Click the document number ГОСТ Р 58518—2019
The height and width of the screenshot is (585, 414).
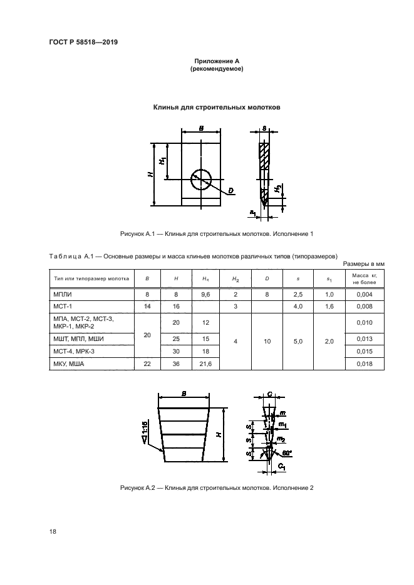tap(83, 42)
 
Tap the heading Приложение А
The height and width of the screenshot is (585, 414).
tap(217, 61)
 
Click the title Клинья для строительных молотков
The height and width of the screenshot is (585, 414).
tap(217, 108)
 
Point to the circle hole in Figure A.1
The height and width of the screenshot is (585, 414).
tap(201, 180)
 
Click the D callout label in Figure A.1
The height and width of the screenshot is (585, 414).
tap(230, 191)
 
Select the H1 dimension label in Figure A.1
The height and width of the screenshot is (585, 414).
tap(162, 161)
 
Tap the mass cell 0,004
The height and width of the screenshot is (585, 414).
tap(365, 294)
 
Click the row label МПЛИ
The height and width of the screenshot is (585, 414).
tap(63, 294)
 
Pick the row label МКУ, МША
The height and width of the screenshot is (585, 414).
tap(69, 364)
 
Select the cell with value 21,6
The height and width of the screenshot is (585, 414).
tap(205, 364)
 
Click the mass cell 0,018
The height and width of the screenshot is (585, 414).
tap(365, 364)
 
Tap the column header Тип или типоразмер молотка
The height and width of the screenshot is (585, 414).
tap(91, 278)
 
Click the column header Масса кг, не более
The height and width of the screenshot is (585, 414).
tap(365, 278)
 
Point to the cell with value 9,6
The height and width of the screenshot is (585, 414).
tap(205, 294)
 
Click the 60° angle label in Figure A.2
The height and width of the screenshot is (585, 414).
tap(287, 453)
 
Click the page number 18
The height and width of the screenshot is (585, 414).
tap(53, 531)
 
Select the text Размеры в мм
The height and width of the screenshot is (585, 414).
tap(364, 264)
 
